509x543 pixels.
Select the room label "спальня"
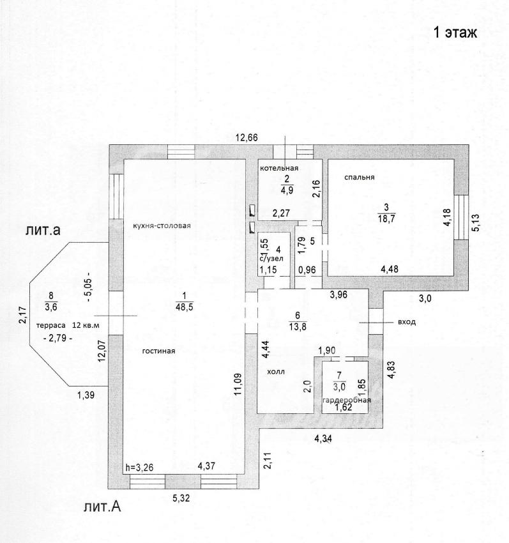click(359, 177)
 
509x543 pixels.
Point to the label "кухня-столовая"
click(162, 226)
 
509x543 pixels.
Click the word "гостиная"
click(159, 351)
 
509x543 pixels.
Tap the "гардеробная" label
click(347, 401)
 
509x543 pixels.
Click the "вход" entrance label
click(406, 323)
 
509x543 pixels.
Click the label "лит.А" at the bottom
click(102, 508)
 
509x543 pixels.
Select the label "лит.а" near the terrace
click(43, 231)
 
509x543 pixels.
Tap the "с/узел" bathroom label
click(271, 258)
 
